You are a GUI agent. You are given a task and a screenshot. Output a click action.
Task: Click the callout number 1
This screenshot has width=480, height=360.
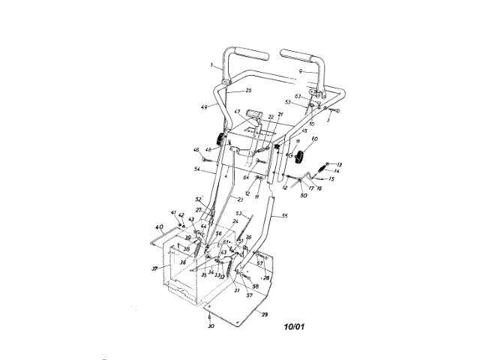pos(214,65)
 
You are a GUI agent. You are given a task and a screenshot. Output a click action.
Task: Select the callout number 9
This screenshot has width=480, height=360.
pos(301,70)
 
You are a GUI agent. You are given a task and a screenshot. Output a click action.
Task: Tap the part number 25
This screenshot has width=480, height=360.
pos(249,90)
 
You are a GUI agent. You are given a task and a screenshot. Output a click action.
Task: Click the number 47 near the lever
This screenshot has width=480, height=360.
pos(236,112)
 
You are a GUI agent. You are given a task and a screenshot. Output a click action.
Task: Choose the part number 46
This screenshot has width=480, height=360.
pos(196,151)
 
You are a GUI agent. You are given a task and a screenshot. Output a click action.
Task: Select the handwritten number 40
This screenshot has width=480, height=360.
pos(158,227)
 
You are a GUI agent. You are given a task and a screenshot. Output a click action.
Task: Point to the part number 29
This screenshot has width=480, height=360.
pos(264,315)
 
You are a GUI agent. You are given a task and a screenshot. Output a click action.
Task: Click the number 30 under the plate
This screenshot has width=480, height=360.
pos(211,328)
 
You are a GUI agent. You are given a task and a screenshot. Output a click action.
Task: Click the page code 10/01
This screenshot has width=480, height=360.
pos(295,327)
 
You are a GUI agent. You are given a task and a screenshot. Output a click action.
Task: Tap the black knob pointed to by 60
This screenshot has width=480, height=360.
pos(302,157)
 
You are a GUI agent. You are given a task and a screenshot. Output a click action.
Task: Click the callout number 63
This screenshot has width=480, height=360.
pos(298,96)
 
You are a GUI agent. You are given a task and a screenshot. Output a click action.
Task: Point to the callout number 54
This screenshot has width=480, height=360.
pos(196,169)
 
